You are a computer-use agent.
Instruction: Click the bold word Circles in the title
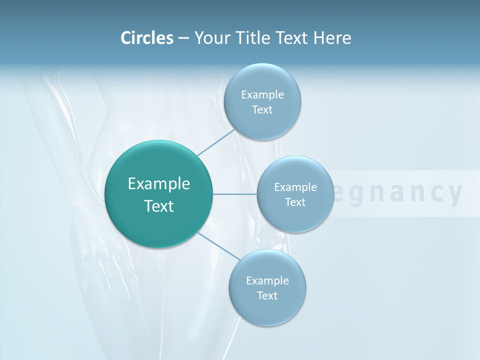tap(146, 38)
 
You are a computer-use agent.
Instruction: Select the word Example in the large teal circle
tap(159, 184)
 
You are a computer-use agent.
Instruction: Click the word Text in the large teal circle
tap(159, 206)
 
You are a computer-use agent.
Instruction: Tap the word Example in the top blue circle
tap(262, 95)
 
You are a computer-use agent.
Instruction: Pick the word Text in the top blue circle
tap(262, 110)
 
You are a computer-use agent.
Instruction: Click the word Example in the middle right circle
tap(295, 187)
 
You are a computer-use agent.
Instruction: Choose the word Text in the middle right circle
tap(295, 202)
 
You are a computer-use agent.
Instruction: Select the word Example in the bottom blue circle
tap(267, 281)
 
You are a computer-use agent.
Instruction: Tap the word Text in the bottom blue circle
tap(267, 296)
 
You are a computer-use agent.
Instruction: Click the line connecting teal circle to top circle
tap(216, 143)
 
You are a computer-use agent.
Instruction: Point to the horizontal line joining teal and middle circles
tap(234, 194)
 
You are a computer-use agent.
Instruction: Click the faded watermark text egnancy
tap(397, 193)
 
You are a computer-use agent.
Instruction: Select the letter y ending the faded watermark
tap(454, 194)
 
